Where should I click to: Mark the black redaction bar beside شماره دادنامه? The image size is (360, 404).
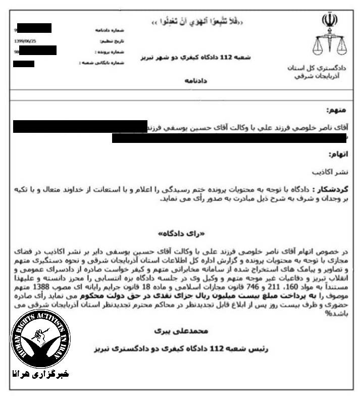(34, 28)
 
